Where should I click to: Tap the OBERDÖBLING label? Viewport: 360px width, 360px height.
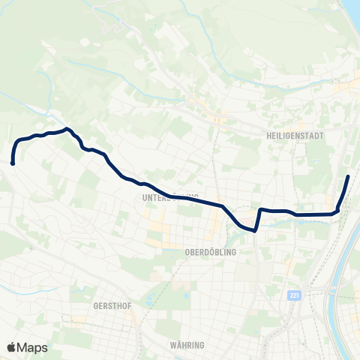coord(210,253)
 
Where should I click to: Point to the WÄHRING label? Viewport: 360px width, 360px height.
coord(187,345)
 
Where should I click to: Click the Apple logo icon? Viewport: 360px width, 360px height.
coord(11,347)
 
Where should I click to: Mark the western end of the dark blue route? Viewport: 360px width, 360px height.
coord(13,163)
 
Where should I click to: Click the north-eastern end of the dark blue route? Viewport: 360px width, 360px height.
coord(348,176)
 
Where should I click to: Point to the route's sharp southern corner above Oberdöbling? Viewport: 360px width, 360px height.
coord(256,231)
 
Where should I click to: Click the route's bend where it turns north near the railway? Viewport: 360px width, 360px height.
coord(337,210)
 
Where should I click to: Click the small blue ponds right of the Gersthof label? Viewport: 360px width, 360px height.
coord(148,301)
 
